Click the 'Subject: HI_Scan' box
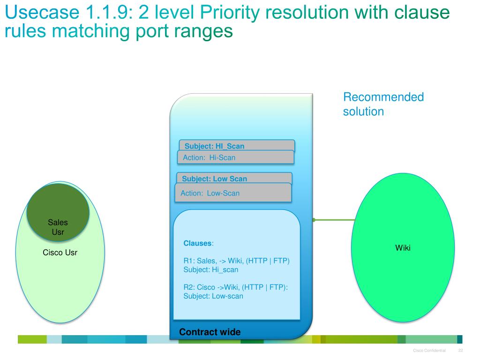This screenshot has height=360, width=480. (236, 145)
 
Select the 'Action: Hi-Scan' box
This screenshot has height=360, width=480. (235, 157)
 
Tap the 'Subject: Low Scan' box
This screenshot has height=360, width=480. (233, 178)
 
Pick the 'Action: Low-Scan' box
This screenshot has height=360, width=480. (233, 193)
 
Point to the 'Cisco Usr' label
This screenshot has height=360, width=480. (60, 253)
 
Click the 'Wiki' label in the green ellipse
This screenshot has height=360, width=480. (403, 247)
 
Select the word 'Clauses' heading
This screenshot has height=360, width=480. (197, 243)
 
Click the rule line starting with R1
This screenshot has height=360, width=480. (236, 261)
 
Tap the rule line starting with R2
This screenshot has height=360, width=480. (235, 287)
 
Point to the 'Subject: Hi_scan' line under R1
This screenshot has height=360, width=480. (210, 270)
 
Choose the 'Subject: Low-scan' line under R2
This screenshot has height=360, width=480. (213, 296)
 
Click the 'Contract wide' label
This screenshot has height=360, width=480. (210, 332)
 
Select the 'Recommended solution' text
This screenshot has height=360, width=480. (383, 104)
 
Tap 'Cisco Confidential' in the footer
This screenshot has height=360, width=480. (429, 351)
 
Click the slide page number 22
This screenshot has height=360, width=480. (460, 351)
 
